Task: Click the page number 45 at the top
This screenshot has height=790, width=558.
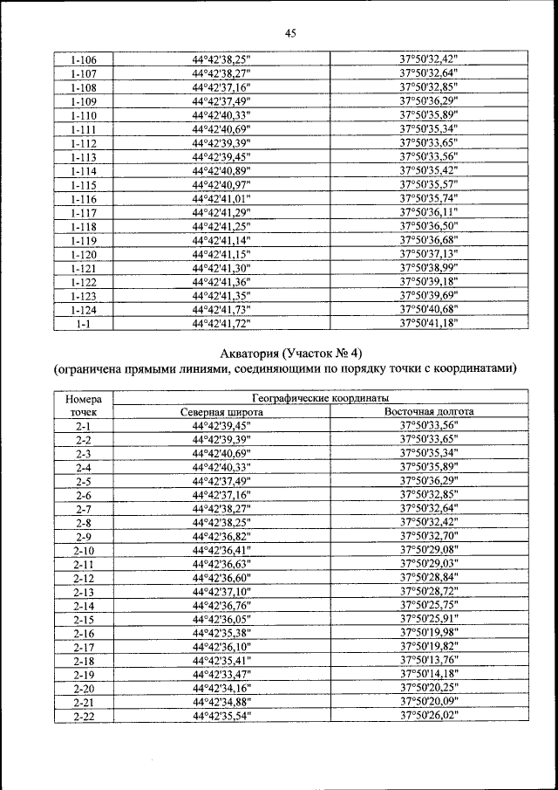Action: [291, 33]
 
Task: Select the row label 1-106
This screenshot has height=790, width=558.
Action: [84, 60]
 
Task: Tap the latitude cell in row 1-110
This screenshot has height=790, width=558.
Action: [221, 115]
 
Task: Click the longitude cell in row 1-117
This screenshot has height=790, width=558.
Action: [429, 212]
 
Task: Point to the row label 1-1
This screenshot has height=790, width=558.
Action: [84, 323]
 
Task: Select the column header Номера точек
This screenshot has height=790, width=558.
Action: [84, 403]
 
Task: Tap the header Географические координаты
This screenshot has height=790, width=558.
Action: [322, 397]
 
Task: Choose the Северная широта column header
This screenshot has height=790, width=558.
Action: [221, 410]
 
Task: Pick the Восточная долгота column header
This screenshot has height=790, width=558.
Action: [429, 410]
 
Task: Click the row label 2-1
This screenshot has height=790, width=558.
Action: [84, 425]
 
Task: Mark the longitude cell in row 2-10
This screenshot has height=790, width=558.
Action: [429, 550]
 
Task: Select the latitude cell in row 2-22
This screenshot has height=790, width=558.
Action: [221, 716]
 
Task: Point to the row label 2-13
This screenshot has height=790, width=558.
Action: [84, 591]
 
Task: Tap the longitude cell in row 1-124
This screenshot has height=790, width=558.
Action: [429, 309]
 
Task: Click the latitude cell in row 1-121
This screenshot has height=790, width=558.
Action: [221, 268]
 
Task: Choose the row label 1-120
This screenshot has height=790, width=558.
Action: [84, 254]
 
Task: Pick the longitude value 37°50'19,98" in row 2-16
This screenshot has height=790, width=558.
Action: [429, 633]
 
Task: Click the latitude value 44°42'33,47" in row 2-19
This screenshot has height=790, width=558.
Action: [221, 674]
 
